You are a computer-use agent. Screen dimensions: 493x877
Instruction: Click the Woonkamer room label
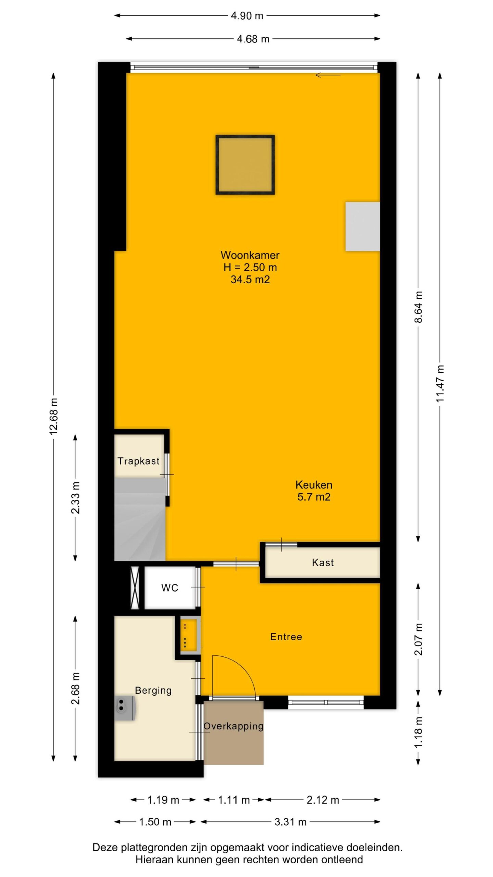250,255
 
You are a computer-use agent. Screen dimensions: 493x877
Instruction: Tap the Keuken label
314,485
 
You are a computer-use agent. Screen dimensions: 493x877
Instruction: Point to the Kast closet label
323,563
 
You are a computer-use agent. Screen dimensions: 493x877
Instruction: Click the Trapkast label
139,461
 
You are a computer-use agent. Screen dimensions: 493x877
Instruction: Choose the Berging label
153,690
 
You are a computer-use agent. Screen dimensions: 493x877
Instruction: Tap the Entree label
286,637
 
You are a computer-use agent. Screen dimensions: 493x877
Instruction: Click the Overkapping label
233,726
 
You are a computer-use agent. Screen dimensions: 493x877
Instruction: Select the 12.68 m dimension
53,416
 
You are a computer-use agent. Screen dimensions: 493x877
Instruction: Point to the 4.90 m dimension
247,16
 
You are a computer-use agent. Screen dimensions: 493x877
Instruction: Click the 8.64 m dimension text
418,307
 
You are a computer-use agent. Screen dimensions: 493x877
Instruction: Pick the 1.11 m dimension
234,800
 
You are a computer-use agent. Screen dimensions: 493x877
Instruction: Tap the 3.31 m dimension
290,822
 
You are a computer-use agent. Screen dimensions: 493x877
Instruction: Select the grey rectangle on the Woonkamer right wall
363,226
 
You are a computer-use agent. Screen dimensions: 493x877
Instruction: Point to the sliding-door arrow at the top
328,75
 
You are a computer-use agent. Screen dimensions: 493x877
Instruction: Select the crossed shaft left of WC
135,588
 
